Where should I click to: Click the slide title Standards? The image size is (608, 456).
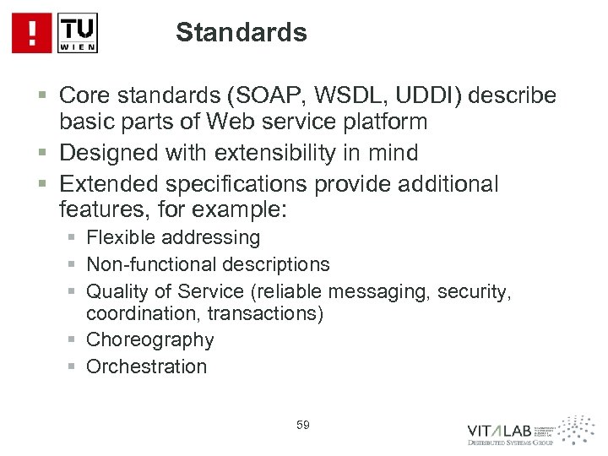242,33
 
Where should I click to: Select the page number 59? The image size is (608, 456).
303,424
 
